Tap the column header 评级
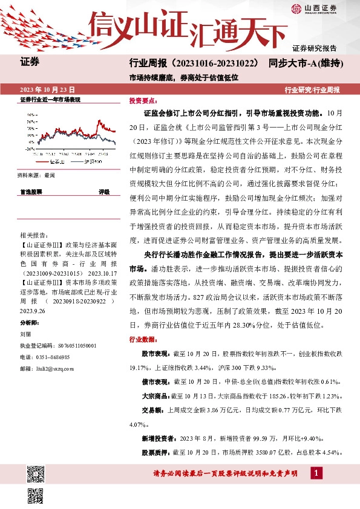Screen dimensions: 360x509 click(x=104, y=192)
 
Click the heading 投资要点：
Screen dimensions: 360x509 click(x=143, y=102)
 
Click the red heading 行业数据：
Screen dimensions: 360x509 click(x=143, y=339)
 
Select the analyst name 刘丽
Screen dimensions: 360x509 click(x=25, y=333)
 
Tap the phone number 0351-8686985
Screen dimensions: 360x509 click(x=51, y=357)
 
